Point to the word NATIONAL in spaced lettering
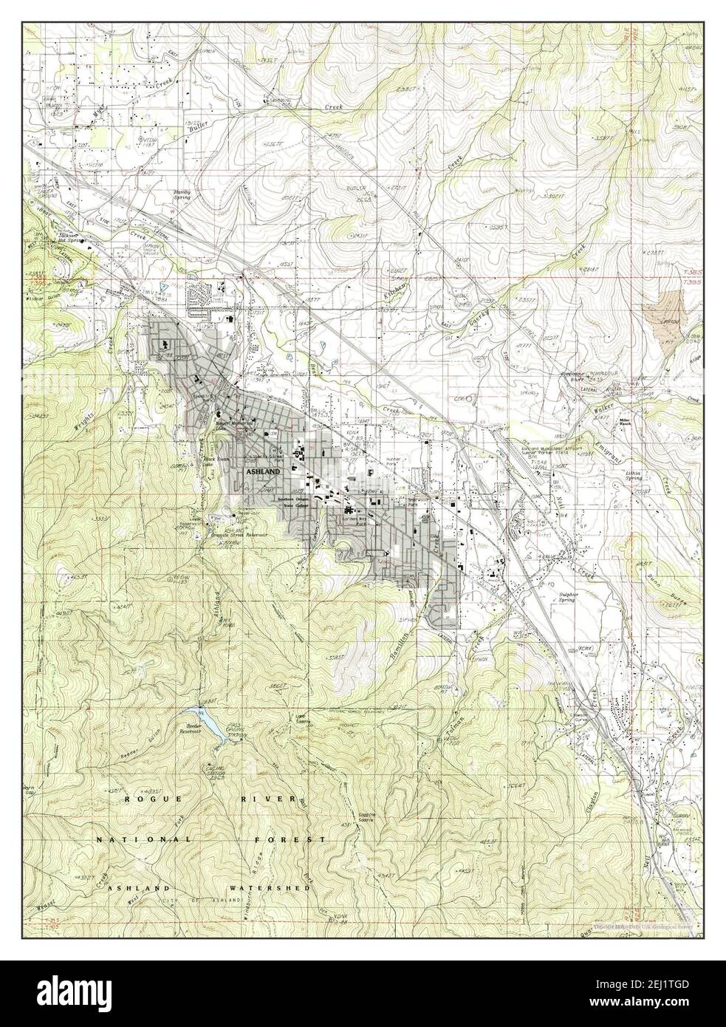pyautogui.click(x=145, y=840)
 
